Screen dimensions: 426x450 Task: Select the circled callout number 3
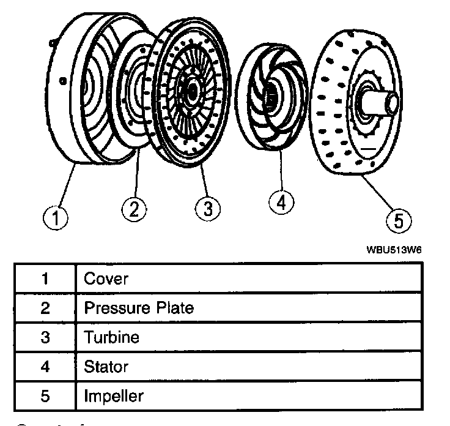208,209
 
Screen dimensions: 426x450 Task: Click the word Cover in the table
106,279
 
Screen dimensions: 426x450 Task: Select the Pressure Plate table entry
139,308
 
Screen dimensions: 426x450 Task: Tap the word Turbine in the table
112,337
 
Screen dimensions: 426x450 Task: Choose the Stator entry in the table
106,367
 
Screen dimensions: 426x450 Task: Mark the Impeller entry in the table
114,396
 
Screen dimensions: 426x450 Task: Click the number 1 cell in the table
45,279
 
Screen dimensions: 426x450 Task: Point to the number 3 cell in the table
45,337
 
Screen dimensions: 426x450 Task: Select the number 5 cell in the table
45,396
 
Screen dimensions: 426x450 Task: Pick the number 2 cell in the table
45,308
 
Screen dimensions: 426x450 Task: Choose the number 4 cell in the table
45,367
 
